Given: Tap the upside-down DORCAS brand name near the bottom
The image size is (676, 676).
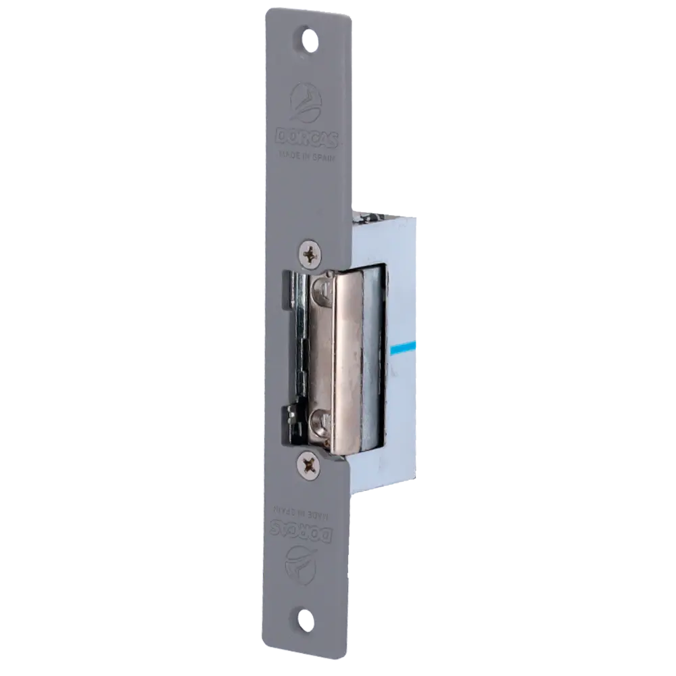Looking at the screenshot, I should pos(306,530).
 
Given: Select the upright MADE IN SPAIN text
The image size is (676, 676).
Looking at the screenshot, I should pos(309,153).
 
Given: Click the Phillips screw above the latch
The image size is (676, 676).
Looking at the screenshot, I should pos(310,254).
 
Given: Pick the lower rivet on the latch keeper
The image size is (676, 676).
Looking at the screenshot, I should pos(320,424).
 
